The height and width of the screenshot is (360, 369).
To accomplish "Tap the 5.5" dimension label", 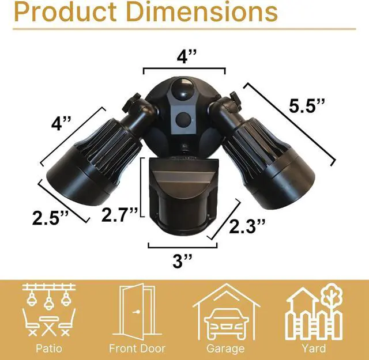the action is [307, 105].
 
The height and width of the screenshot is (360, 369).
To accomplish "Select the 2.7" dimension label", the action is [119, 214].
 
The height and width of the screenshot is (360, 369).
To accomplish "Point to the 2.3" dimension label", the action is [247, 226].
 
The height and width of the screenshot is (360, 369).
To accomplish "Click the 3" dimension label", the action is [182, 260].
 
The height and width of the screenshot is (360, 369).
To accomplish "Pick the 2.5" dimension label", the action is [50, 218].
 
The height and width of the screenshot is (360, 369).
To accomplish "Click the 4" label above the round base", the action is [186, 56].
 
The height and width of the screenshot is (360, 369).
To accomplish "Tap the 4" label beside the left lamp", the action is [61, 123].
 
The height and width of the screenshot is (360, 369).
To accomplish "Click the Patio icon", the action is [49, 310].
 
